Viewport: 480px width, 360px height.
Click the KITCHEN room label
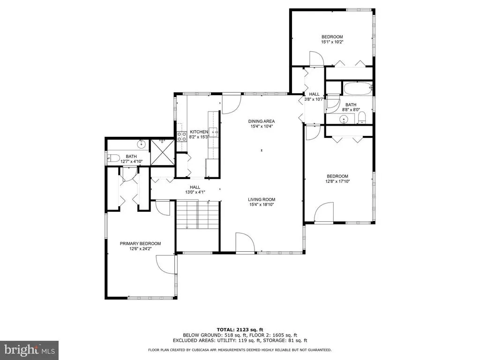pyautogui.click(x=199, y=132)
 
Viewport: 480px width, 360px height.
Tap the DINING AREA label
pyautogui.click(x=262, y=121)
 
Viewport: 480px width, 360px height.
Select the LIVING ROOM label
pyautogui.click(x=262, y=200)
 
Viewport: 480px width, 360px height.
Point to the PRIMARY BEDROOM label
pyautogui.click(x=140, y=244)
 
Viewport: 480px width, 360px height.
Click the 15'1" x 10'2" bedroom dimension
pyautogui.click(x=332, y=42)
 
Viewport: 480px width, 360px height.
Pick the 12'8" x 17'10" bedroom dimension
pyautogui.click(x=337, y=181)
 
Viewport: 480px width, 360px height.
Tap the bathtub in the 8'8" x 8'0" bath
pyautogui.click(x=357, y=89)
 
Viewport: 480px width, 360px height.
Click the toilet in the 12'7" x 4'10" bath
pyautogui.click(x=113, y=158)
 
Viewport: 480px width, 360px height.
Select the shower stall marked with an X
pyautogui.click(x=163, y=152)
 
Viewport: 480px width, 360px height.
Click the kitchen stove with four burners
pyautogui.click(x=182, y=136)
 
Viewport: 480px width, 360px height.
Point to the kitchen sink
pyautogui.click(x=213, y=132)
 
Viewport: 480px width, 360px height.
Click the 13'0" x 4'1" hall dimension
pyautogui.click(x=195, y=192)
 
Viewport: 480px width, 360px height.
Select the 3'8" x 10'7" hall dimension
pyautogui.click(x=314, y=99)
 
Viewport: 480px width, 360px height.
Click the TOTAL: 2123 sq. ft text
pyautogui.click(x=240, y=330)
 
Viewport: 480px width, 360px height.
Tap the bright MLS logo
pyautogui.click(x=30, y=350)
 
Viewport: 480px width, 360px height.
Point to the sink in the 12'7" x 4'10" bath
pyautogui.click(x=141, y=144)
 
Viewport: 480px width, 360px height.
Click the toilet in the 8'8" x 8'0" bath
pyautogui.click(x=362, y=118)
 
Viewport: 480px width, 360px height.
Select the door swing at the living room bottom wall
pyautogui.click(x=245, y=242)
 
